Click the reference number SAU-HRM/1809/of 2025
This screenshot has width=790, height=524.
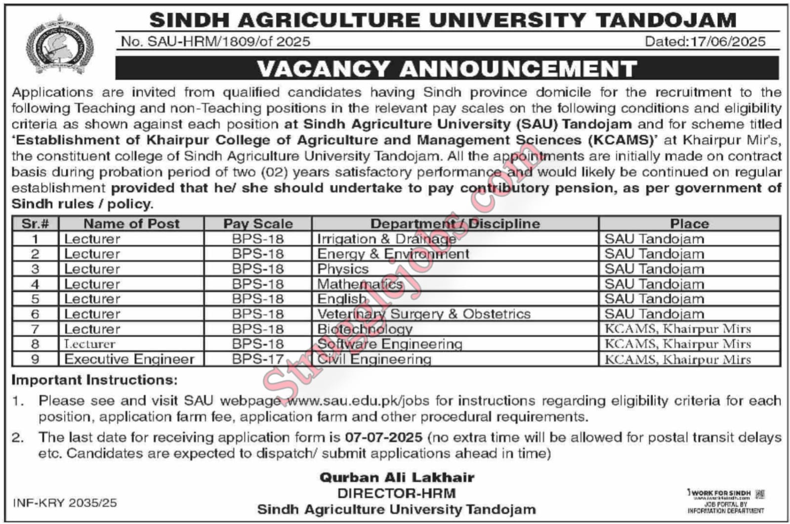coord(215,42)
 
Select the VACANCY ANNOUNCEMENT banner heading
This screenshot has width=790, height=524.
coord(447,68)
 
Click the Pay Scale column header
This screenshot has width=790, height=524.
coord(258,223)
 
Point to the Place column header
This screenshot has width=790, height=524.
coord(689,223)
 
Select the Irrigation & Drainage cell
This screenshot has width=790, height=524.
coord(386,239)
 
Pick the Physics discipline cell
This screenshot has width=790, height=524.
coord(343,269)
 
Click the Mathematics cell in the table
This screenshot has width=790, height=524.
coord(360,284)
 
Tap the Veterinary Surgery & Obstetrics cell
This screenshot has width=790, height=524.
coord(423,314)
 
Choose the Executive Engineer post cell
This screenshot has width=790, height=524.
coord(129,359)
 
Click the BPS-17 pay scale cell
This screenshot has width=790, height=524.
coord(258,359)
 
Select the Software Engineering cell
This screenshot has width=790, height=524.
coord(389,344)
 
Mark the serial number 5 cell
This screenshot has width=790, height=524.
coord(35,299)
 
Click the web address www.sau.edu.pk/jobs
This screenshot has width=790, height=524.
coord(363,400)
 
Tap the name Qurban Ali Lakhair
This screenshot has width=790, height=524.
coord(397,477)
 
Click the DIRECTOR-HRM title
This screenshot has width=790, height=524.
coord(397,493)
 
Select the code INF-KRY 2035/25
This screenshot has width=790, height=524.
coord(65,503)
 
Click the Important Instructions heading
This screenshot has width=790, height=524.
coord(94,380)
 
